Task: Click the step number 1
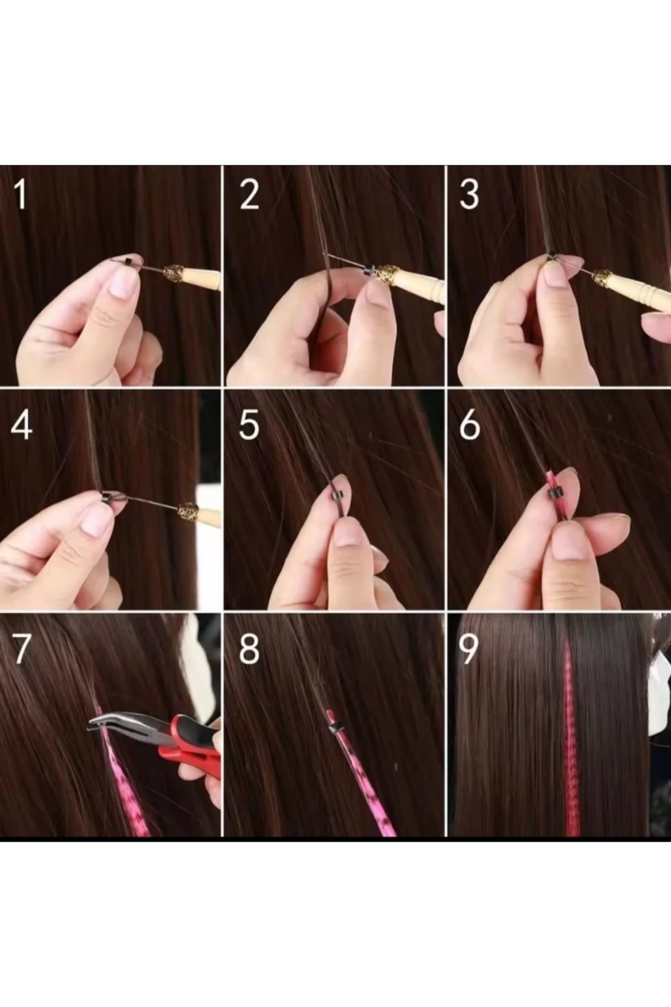(21, 194)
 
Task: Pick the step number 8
(249, 649)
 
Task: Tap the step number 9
(469, 649)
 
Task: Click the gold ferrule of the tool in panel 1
(172, 273)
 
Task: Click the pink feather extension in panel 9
(571, 738)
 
